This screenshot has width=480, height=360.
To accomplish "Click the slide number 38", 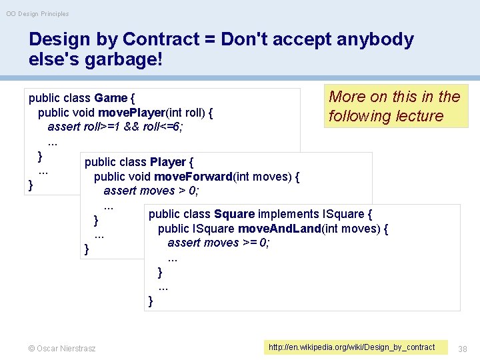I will tap(464, 347).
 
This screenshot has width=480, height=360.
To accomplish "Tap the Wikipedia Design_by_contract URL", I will tap(351, 347).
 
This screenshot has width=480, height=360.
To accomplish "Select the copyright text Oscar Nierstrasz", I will tap(62, 348).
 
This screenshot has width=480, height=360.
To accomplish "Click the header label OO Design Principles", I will tap(38, 13).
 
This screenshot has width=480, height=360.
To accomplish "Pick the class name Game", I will tap(111, 99).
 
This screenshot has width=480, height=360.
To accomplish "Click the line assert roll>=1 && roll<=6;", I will tap(115, 127).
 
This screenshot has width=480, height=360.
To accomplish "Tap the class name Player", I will tap(168, 162).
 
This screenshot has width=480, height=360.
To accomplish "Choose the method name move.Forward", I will tap(192, 177).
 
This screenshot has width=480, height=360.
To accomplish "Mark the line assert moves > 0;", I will tap(152, 191).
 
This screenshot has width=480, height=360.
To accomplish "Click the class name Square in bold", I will tap(234, 214).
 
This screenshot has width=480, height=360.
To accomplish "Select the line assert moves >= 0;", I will tap(219, 243).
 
